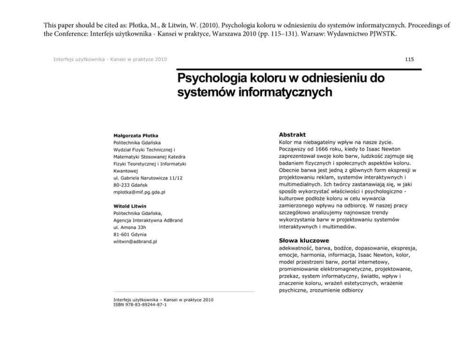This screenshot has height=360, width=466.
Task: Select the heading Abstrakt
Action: [x=292, y=134]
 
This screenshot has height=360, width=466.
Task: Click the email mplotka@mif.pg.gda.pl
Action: [x=140, y=192]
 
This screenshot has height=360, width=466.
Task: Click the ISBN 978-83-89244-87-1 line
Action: [x=140, y=305]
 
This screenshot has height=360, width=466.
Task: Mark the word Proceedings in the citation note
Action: [x=426, y=24]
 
